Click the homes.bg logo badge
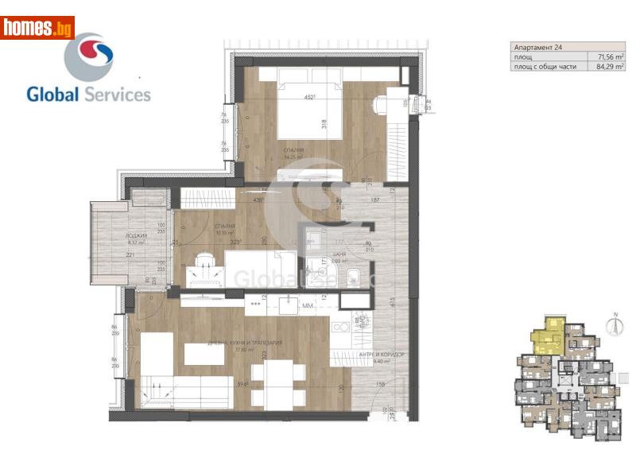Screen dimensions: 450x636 (x=37, y=28)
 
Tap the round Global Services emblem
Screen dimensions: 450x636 (x=88, y=56)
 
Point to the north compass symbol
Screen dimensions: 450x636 (x=614, y=324)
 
